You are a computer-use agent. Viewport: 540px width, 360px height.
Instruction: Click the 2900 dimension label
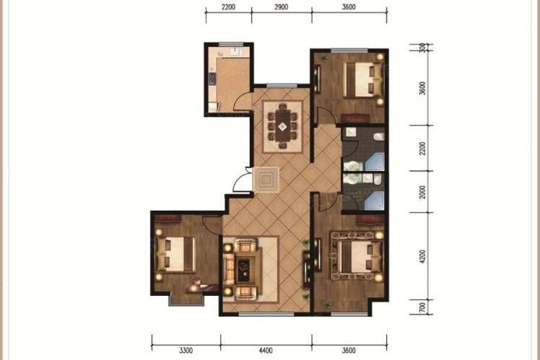pos(282,7)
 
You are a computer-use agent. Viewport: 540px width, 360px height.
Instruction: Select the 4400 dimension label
pos(266,351)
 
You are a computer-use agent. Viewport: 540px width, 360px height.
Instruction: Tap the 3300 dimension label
pos(186,351)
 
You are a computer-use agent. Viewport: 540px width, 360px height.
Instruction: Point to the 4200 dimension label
pos(422,257)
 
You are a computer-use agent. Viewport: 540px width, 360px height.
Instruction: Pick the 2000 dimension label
pos(422,192)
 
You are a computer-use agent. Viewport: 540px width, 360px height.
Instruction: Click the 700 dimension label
pos(422,307)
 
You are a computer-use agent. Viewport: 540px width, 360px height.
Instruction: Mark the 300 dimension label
pos(422,48)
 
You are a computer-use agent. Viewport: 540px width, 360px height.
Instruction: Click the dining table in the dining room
pos(282,126)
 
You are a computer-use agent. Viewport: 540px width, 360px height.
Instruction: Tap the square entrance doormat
pos(266,180)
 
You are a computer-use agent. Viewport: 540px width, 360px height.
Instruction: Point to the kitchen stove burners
pos(212,79)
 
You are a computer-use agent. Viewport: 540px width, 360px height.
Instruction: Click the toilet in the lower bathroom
pos(378,179)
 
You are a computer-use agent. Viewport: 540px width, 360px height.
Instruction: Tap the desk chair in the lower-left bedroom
pos(196,281)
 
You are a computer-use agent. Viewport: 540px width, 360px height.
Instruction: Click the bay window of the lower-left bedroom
pos(186,300)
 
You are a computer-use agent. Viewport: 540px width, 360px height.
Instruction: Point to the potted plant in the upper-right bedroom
pos(323,58)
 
